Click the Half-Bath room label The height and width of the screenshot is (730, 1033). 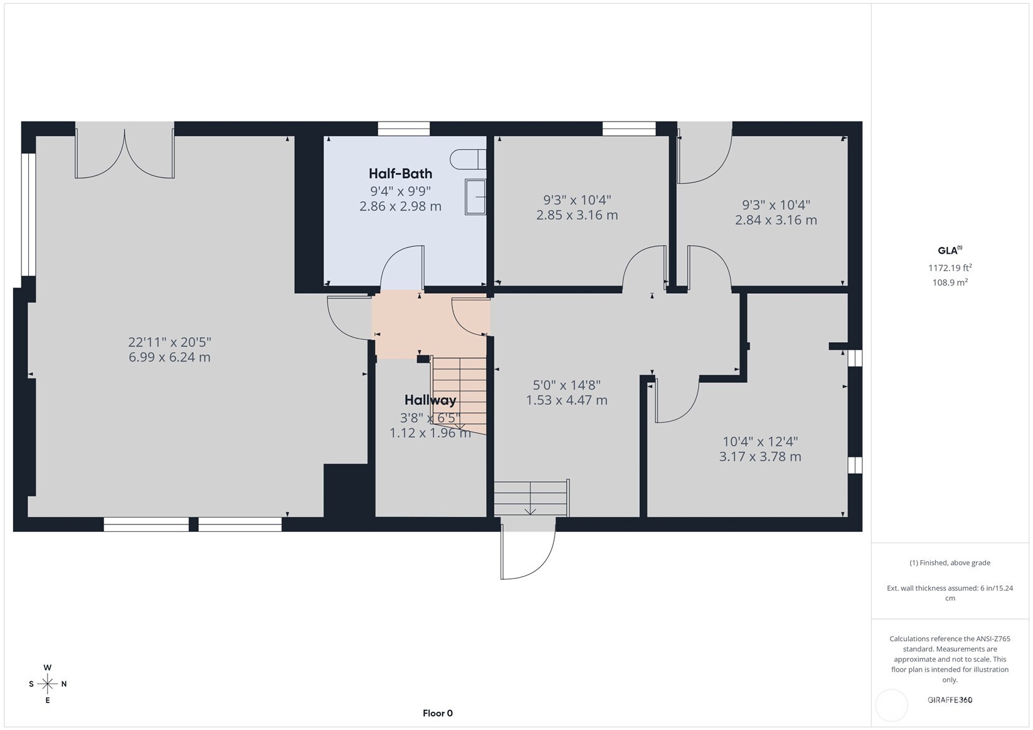point(400,174)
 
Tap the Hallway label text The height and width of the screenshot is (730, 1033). point(430,400)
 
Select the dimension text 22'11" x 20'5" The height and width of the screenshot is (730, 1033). point(169,342)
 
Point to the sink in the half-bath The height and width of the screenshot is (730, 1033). point(475,197)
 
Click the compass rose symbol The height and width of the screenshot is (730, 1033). point(48,684)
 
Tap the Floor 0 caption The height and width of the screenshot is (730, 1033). point(437,713)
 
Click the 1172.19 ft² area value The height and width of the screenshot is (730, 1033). point(950,268)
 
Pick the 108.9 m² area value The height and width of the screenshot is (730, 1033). point(950,283)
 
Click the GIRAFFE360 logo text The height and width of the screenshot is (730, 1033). point(950,700)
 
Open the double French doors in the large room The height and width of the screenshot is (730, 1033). point(125,154)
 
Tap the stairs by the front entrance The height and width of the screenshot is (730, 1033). point(531,498)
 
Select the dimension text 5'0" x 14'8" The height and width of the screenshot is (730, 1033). point(566,385)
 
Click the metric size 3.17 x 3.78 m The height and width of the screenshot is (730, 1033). point(760,457)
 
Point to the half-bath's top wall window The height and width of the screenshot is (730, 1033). point(403,129)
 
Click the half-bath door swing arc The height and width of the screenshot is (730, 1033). point(402,266)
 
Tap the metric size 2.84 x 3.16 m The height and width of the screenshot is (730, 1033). point(776,220)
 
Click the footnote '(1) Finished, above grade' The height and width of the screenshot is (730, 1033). point(950,563)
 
